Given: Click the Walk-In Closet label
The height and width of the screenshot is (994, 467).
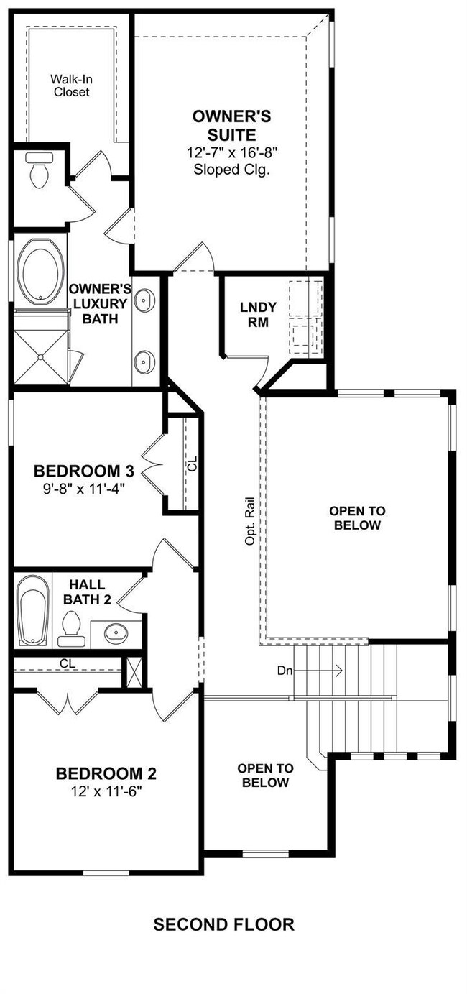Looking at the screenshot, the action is pyautogui.click(x=71, y=86).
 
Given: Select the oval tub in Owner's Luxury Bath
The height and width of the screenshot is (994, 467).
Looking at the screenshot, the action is pyautogui.click(x=40, y=272).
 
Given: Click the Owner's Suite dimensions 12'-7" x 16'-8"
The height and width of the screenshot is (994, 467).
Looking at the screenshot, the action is pyautogui.click(x=232, y=152).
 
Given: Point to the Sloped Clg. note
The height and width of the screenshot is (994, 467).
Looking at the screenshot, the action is pyautogui.click(x=232, y=170).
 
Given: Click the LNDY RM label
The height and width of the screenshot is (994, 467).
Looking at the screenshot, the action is pyautogui.click(x=258, y=315).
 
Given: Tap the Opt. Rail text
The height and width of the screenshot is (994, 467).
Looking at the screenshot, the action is pyautogui.click(x=249, y=521).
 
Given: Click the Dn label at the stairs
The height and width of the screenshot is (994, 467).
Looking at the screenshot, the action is pyautogui.click(x=285, y=671).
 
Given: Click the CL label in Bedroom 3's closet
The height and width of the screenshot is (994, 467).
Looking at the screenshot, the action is pyautogui.click(x=193, y=464).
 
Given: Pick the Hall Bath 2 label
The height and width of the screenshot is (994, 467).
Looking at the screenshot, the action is pyautogui.click(x=87, y=592).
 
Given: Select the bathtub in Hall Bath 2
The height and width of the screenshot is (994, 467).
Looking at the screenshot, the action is pyautogui.click(x=33, y=609).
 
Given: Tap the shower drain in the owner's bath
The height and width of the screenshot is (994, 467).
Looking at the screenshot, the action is pyautogui.click(x=40, y=356).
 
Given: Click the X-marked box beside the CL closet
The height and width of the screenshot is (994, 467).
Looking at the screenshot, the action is pyautogui.click(x=134, y=672).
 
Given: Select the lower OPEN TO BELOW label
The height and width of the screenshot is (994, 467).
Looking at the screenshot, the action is pyautogui.click(x=266, y=776).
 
